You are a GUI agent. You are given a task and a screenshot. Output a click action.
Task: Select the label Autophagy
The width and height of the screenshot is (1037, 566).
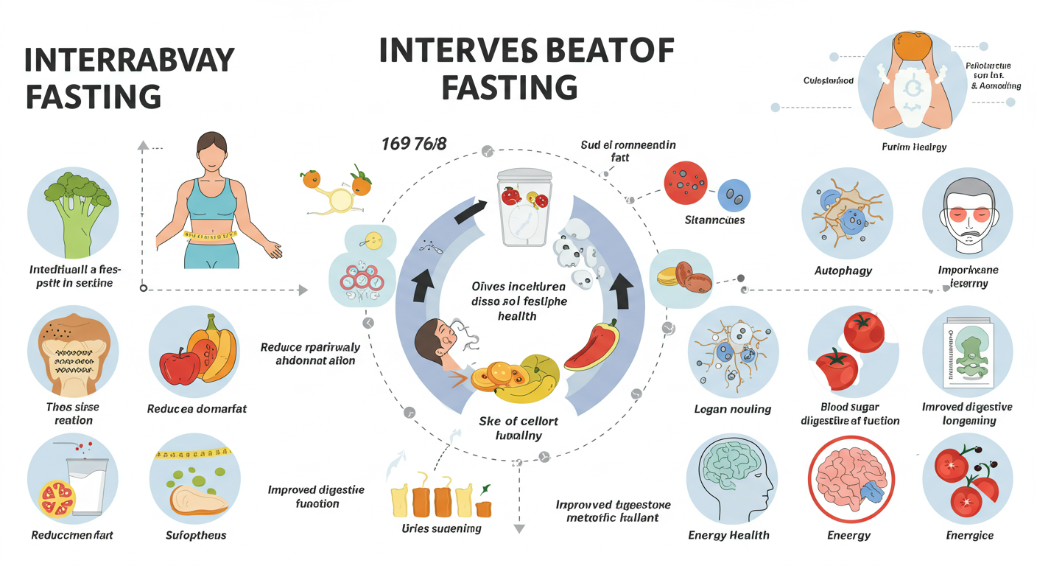pos(844,270)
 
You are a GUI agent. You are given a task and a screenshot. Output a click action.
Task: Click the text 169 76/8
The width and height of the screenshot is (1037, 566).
pos(414,144)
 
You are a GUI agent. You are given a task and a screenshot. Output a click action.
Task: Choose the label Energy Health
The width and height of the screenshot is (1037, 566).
pos(728,535)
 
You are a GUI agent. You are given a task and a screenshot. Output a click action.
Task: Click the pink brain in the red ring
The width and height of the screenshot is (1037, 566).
pos(846,483)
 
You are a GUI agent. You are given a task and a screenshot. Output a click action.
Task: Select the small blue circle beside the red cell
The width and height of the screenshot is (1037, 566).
pos(734,195)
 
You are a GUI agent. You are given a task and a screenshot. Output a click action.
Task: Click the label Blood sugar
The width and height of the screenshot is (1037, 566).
pos(849,408)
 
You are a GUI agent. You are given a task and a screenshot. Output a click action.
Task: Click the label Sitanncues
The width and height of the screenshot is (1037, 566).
pos(714,220)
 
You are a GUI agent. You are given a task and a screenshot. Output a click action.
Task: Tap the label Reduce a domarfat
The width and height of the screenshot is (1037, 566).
pos(197,408)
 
